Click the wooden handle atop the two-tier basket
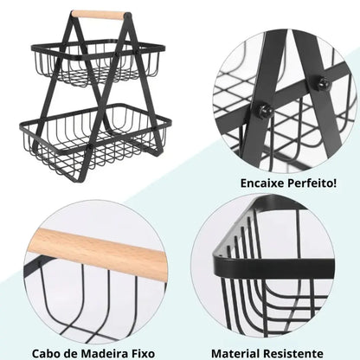tap(98, 15)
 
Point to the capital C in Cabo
tap(38, 353)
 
